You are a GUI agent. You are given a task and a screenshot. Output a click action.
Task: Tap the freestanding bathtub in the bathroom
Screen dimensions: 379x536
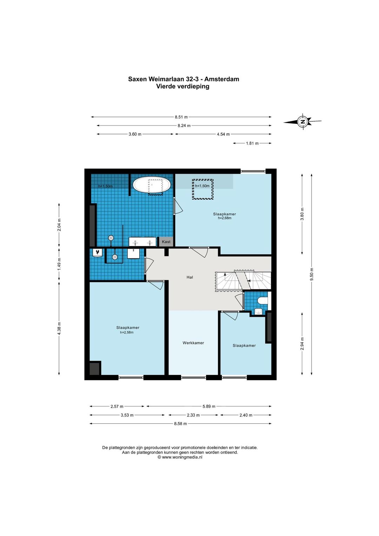[x=152, y=185]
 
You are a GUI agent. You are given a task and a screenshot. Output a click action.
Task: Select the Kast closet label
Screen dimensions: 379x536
[x=166, y=242]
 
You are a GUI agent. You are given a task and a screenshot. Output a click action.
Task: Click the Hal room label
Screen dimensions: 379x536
[x=190, y=277]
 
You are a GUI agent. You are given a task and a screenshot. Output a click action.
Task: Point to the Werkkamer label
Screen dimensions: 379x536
[x=193, y=343]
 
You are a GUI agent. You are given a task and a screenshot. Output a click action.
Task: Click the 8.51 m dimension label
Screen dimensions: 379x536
[x=181, y=117]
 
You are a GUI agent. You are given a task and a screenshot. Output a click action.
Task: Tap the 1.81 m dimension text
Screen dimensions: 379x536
[x=252, y=143]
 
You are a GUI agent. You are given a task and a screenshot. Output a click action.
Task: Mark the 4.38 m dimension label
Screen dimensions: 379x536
[x=59, y=329]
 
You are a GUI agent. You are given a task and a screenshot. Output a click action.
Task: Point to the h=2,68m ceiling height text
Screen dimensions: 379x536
[x=225, y=218]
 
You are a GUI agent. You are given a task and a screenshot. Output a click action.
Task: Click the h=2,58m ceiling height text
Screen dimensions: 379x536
[x=127, y=332]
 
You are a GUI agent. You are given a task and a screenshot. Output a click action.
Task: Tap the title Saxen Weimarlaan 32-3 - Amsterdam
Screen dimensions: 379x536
[x=184, y=79]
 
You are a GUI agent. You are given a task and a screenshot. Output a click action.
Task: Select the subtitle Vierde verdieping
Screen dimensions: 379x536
[x=183, y=86]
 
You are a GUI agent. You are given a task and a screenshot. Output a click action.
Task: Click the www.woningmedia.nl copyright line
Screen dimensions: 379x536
[x=180, y=457]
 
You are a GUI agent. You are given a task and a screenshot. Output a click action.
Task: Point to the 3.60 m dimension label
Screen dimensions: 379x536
[x=135, y=134]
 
